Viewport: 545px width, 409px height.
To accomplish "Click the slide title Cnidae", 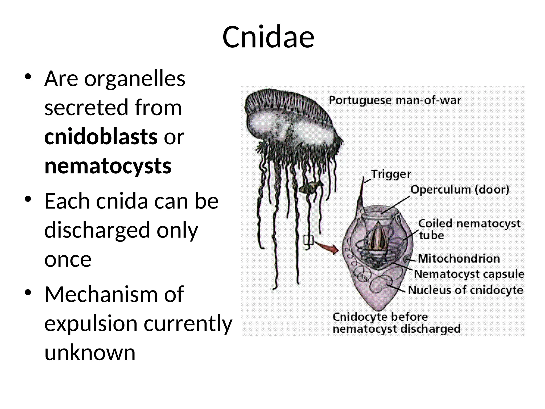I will point(268,37).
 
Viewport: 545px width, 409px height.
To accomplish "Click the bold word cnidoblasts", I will point(101,137).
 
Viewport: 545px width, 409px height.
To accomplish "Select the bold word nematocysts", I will point(108,166).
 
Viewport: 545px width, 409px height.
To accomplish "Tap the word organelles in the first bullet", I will point(135,79).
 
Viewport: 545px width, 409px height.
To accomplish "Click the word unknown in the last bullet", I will point(90,353).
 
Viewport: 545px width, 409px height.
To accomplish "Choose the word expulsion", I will point(91,323).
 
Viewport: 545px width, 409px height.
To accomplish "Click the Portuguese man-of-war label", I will point(395,100).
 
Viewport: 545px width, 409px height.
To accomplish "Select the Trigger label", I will point(391,174).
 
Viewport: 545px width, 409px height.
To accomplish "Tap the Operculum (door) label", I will point(460,190).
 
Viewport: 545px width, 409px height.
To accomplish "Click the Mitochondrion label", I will point(459,259).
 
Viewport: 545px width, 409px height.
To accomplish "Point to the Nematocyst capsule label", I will point(469,274).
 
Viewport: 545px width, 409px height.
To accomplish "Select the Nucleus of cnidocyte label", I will point(465,290).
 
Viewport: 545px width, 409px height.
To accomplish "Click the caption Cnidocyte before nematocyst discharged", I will point(396,323).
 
